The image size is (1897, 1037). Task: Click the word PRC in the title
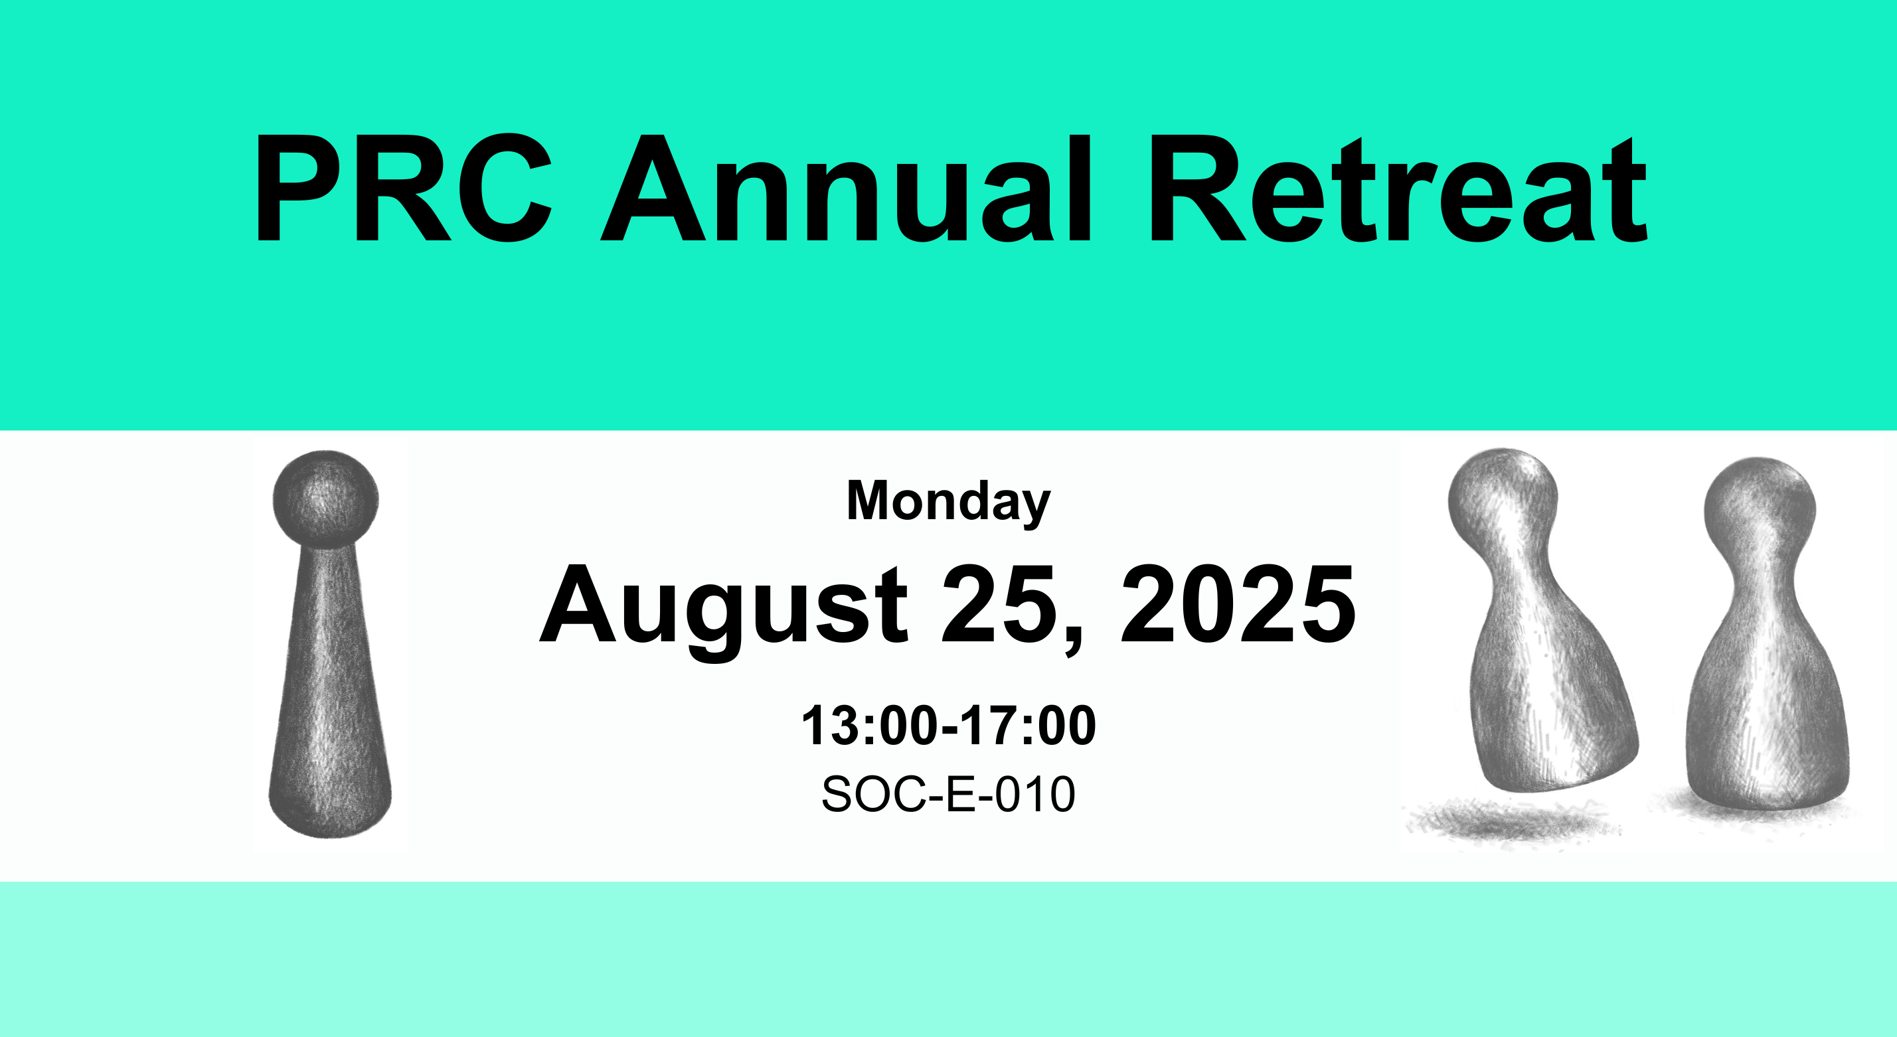point(403,188)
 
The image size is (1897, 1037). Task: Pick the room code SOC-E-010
point(948,794)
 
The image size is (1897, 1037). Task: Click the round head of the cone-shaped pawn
point(325,499)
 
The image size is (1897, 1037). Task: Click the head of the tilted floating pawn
point(1503,497)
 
